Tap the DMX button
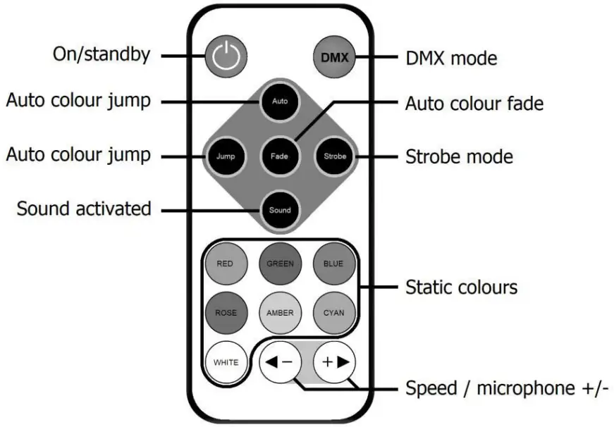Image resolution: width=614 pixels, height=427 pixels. click(335, 57)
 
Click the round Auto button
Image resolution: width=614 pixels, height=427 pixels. click(280, 101)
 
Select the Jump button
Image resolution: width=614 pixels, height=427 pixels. click(226, 156)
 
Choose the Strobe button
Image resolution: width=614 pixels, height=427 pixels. click(335, 156)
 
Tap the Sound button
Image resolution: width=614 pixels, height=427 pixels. click(280, 210)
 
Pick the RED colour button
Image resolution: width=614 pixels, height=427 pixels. click(225, 264)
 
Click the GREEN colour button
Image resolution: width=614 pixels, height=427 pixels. click(280, 264)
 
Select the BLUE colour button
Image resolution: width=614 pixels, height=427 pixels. click(334, 264)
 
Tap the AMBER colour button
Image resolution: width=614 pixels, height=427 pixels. click(280, 312)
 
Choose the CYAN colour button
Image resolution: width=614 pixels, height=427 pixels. click(334, 312)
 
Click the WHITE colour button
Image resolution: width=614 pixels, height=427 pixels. click(226, 362)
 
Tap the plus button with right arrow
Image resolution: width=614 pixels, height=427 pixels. click(335, 362)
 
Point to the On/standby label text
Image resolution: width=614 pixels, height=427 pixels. click(102, 55)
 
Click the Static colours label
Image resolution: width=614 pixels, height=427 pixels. click(461, 287)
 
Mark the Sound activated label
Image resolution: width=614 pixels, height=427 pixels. click(84, 209)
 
